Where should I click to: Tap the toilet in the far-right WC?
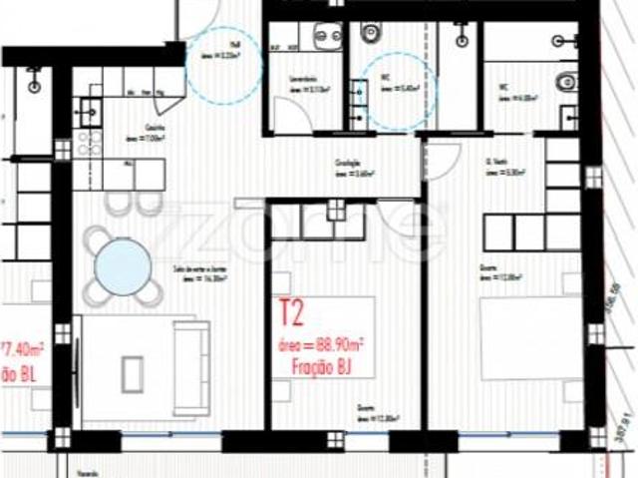[x=566, y=80]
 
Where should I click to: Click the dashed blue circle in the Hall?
[x=224, y=63]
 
